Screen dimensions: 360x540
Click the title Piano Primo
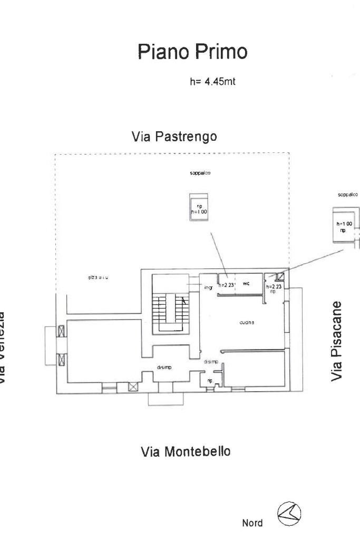[x=192, y=52]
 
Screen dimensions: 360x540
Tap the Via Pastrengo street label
[x=174, y=137]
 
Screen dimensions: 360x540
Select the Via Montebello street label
[x=186, y=452]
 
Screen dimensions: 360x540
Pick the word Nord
[x=252, y=523]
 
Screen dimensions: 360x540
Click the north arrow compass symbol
[x=289, y=514]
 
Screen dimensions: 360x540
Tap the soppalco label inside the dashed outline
[x=200, y=172]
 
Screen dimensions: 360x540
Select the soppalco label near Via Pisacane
[x=348, y=194]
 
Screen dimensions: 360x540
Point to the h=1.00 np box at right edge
[x=344, y=227]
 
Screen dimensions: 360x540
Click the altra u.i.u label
[x=99, y=276]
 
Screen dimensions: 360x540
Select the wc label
[x=246, y=284]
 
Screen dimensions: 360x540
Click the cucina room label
[x=247, y=322]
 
